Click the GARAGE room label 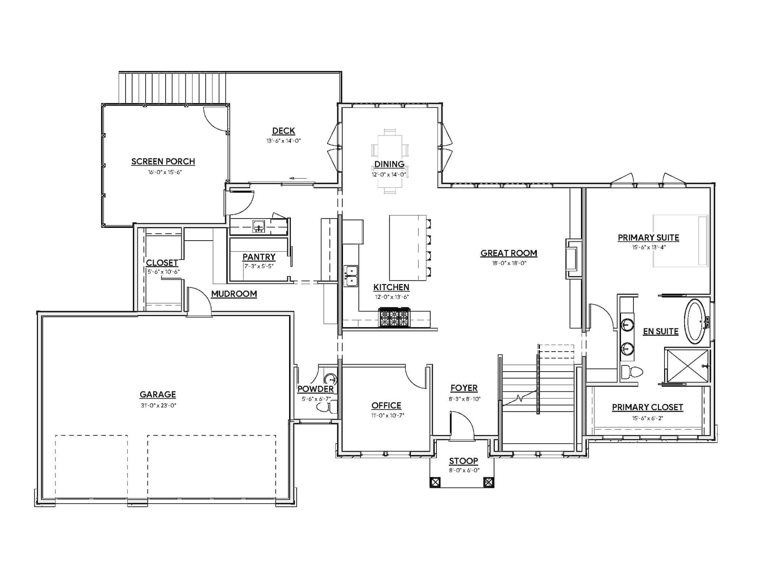[158, 394]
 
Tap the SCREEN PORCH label [163, 162]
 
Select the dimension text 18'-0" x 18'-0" [509, 263]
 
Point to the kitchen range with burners [394, 317]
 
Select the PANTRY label [259, 257]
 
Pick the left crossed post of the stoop [435, 482]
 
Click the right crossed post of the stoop [488, 482]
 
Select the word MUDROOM [234, 294]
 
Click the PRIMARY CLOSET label [647, 407]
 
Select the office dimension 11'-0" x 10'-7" [386, 415]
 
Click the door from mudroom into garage [199, 301]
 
